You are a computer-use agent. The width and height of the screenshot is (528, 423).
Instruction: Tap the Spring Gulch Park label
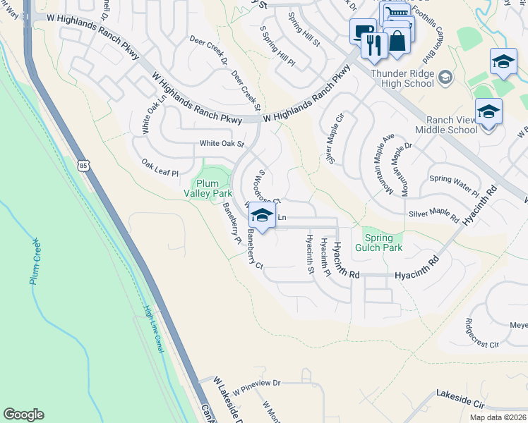click(x=383, y=243)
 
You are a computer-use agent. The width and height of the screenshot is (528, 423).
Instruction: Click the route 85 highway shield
click(x=84, y=166)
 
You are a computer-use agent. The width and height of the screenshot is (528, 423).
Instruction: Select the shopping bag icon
click(x=397, y=40)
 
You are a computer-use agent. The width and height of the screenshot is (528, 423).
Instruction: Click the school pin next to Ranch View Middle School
click(x=488, y=113)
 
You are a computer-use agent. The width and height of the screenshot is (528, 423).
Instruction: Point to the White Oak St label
click(x=222, y=144)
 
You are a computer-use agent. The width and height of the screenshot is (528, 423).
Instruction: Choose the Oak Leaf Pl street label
click(x=160, y=167)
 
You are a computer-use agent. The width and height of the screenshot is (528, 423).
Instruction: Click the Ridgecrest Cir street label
click(x=482, y=335)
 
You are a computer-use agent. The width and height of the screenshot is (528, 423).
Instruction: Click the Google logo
click(x=23, y=415)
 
